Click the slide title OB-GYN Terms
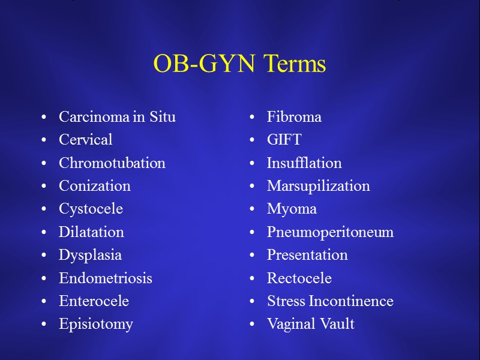[x=239, y=64]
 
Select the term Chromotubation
[x=112, y=163]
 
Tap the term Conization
[x=94, y=186]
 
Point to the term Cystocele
[x=91, y=209]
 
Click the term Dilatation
[x=91, y=232]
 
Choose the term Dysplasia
[x=90, y=255]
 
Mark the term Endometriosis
[x=105, y=278]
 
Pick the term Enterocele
[x=94, y=301]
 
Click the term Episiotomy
[x=95, y=325]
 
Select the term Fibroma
[x=294, y=117]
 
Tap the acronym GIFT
[x=284, y=140]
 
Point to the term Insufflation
[x=304, y=163]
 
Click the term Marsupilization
[x=318, y=186]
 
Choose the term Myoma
[x=292, y=209]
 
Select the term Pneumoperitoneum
[x=330, y=232]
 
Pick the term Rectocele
[x=299, y=278]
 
